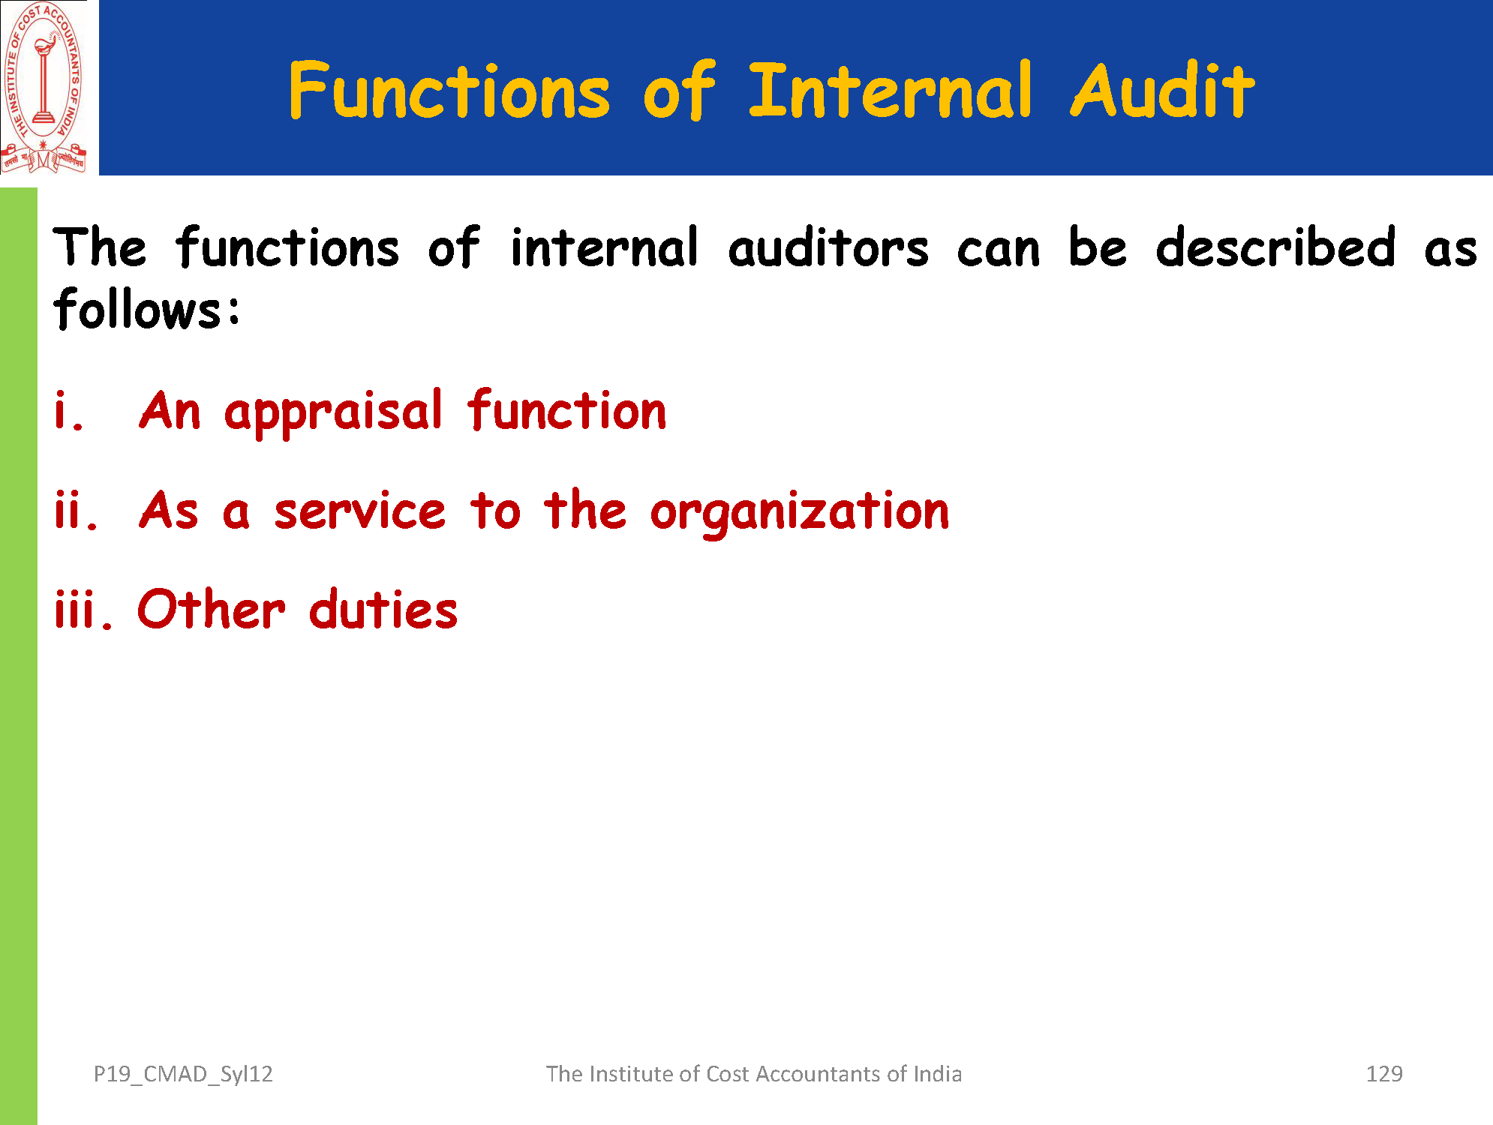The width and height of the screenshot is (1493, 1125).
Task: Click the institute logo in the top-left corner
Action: [x=44, y=88]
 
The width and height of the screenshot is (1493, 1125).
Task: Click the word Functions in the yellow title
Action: [x=449, y=91]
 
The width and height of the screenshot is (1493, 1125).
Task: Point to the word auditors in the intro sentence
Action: [x=828, y=247]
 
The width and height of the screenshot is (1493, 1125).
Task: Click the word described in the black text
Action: [x=1275, y=247]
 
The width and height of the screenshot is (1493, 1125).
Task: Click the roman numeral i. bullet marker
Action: [x=68, y=412]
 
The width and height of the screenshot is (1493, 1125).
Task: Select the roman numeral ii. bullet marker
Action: [x=76, y=511]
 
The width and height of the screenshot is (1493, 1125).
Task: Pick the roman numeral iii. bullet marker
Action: [x=83, y=610]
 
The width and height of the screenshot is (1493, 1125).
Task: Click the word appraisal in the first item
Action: [x=334, y=413]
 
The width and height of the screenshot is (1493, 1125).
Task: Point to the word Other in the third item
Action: [x=212, y=608]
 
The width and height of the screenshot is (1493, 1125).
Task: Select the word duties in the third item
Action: [x=383, y=608]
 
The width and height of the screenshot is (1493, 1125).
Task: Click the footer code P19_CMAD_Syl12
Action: [x=183, y=1075]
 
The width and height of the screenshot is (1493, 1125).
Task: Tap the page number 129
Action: [x=1384, y=1074]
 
